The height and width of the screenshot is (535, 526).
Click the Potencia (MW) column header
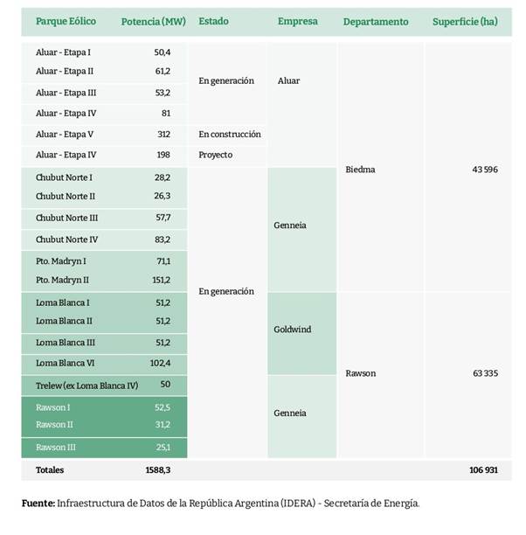154,20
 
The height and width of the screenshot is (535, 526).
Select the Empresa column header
297,20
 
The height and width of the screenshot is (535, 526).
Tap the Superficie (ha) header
465,20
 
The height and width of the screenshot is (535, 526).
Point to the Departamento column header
376,20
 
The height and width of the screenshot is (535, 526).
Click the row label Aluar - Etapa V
65,134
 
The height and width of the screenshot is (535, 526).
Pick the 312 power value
163,134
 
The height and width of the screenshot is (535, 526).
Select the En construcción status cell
230,134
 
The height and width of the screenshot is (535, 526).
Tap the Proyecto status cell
216,155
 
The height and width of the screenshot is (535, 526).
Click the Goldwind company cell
294,330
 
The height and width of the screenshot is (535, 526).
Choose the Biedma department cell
361,170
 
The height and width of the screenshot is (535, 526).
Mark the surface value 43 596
484,170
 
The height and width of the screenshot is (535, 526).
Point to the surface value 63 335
484,373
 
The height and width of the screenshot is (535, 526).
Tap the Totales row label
50,469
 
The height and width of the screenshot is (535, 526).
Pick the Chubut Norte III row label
67,218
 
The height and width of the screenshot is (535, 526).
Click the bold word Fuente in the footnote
38,504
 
